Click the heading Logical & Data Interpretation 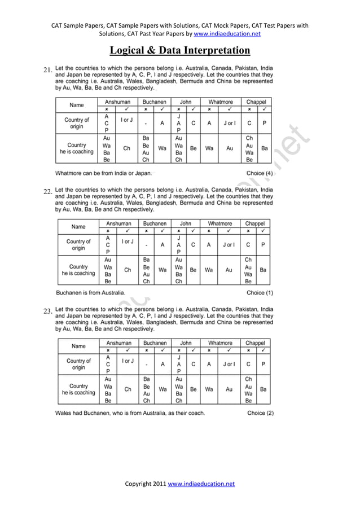coord(179,51)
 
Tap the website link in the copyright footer coord(201,484)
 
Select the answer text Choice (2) coord(260,413)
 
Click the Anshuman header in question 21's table coord(117,102)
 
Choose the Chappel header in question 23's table coord(255,343)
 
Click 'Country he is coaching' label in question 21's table coord(77,148)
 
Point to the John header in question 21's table coord(185,102)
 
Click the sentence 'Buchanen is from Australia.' coord(91,293)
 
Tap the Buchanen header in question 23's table coord(155,343)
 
